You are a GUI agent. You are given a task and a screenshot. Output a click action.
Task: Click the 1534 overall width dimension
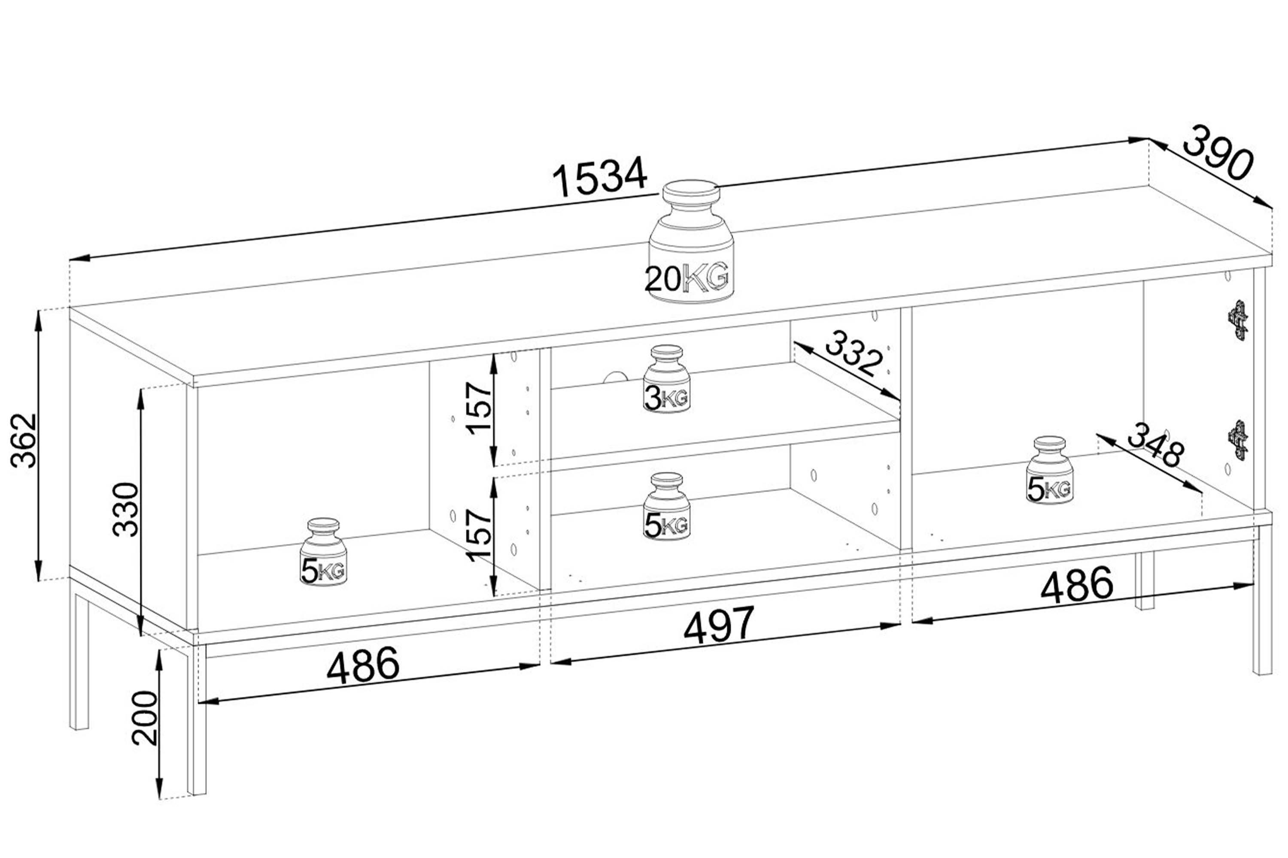(600, 176)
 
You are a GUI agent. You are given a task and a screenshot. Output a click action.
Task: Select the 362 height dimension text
(24, 441)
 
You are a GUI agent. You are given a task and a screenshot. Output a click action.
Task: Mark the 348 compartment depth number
(1155, 445)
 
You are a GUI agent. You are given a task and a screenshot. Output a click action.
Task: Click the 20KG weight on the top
(691, 242)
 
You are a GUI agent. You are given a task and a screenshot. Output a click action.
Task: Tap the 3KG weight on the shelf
(666, 379)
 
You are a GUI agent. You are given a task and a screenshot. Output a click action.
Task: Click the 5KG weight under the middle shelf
(666, 506)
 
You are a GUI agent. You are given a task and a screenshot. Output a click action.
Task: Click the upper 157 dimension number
(479, 408)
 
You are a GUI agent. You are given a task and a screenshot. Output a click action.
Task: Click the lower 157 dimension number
(479, 535)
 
